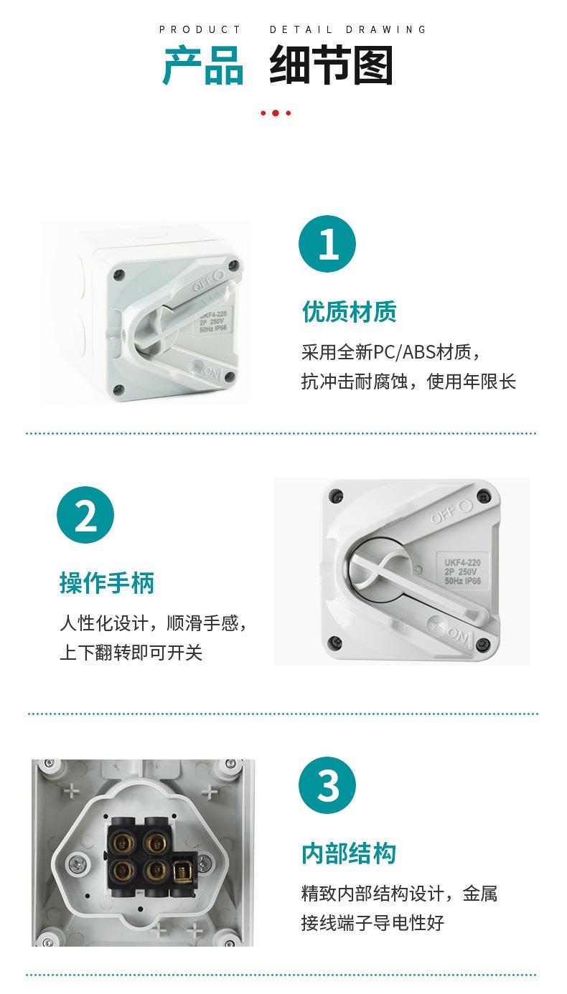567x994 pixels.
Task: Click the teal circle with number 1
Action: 327,244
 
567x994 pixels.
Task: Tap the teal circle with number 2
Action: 85,515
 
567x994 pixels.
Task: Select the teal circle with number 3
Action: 327,785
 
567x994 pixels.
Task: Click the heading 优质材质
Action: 349,312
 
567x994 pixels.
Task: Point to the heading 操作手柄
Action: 107,583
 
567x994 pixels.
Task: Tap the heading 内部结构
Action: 349,853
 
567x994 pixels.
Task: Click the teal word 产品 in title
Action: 203,67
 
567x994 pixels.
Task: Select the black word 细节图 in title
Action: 331,67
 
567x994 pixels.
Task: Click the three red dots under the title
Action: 276,113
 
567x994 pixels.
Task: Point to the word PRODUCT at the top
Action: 200,29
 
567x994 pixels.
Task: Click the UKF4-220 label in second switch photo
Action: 461,563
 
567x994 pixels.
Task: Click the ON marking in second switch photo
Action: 456,633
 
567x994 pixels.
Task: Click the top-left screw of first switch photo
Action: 120,274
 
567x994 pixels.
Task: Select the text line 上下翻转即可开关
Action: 131,653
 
